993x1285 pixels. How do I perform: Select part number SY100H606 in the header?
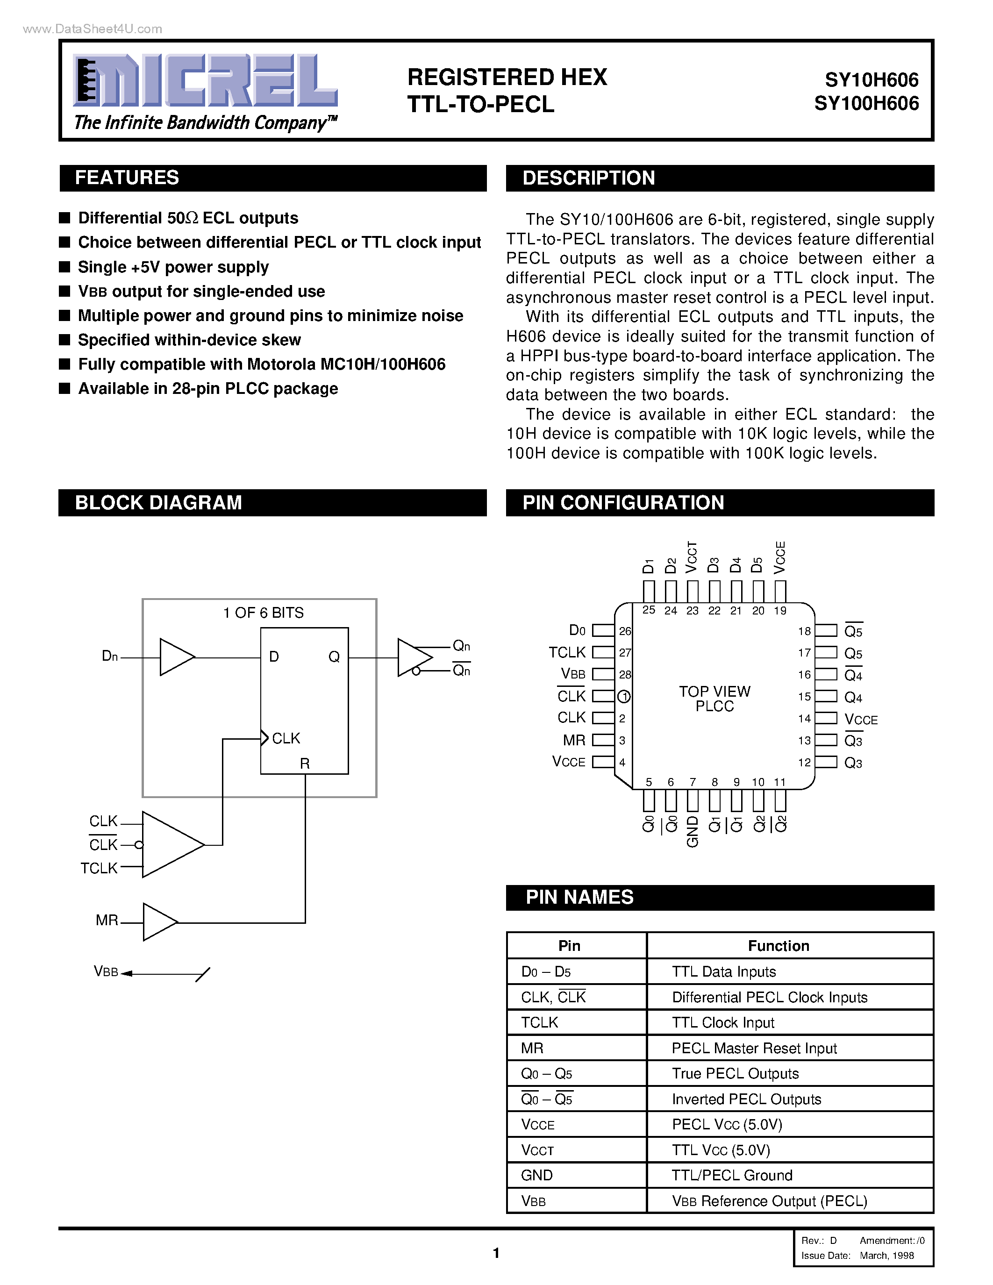point(866,104)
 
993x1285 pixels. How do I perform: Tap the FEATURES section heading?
point(127,178)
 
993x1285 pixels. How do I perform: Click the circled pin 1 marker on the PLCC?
point(624,697)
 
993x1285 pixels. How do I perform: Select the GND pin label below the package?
point(693,831)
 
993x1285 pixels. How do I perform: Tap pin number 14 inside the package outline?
point(804,718)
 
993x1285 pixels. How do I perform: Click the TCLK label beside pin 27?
point(567,652)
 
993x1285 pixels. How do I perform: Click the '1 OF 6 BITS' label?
point(263,613)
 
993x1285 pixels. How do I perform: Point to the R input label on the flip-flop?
point(305,764)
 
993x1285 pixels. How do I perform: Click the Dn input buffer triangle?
point(176,657)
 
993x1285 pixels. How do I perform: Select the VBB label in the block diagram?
point(106,972)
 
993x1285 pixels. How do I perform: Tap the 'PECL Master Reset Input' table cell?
point(754,1049)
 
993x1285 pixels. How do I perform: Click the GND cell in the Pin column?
point(536,1176)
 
